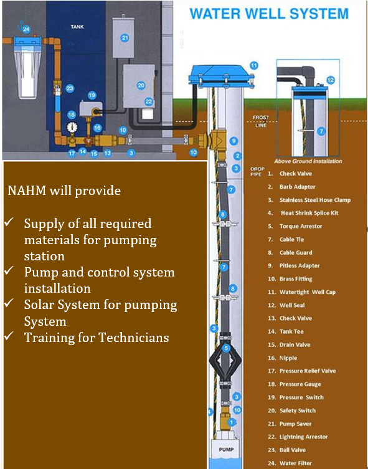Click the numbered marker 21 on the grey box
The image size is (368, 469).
pos(125,38)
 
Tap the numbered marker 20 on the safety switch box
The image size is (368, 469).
pos(141,85)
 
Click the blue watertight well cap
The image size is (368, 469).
pos(221,77)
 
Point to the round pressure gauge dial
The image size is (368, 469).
pos(72,127)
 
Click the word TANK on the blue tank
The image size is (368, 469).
pos(77,27)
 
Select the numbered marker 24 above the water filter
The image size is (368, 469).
pos(26,29)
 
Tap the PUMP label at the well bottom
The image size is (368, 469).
pos(226,449)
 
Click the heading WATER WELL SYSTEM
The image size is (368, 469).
pos(269,14)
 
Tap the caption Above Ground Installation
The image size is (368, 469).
pos(308,161)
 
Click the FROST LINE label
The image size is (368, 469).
pos(261,121)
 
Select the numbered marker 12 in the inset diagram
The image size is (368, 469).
pos(331,80)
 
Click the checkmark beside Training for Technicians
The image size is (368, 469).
pos(9,336)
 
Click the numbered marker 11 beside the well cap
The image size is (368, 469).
pos(254,65)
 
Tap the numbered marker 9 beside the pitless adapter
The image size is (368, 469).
pos(234,141)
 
